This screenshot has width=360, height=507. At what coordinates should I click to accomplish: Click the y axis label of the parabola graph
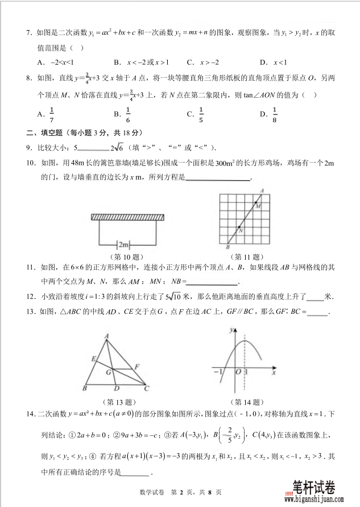(x=231, y=330)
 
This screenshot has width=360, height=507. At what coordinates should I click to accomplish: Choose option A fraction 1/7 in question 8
(x=51, y=113)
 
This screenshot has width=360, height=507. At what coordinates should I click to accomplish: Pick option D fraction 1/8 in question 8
(x=274, y=113)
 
